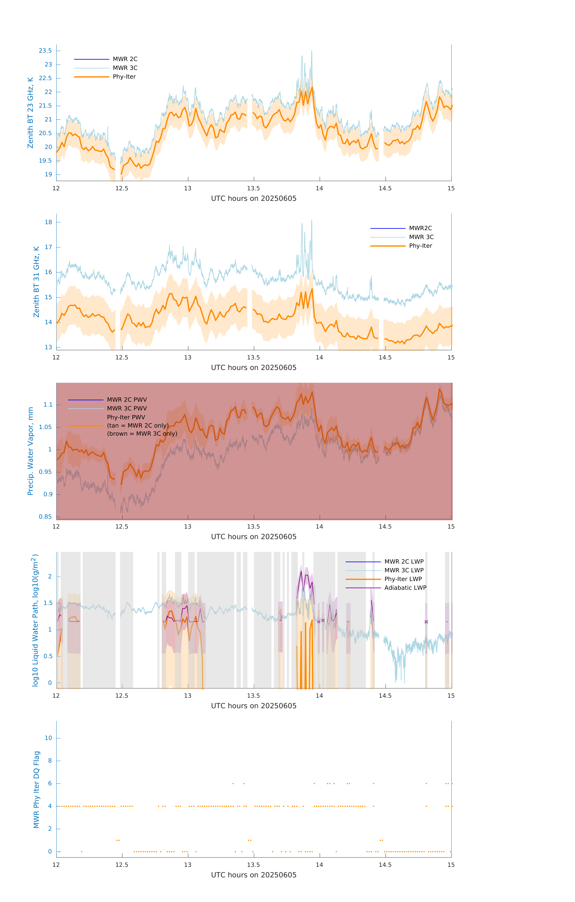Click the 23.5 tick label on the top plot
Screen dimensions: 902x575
45,51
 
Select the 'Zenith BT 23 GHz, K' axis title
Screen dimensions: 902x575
30,113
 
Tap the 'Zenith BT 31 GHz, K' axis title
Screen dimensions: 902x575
36,282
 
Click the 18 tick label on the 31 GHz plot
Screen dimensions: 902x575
48,222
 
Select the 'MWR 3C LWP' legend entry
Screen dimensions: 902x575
404,570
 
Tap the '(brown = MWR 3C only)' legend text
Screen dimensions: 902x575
142,434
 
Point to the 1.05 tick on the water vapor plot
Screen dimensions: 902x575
45,427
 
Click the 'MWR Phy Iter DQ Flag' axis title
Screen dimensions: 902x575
36,790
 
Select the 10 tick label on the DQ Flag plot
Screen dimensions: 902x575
48,738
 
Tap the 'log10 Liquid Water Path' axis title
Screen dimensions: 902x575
35,620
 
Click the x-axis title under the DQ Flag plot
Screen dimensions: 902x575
254,875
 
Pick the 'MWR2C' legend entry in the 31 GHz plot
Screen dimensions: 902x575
420,228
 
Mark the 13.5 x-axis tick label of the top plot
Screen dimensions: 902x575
254,188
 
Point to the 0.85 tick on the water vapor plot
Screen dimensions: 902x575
45,517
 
